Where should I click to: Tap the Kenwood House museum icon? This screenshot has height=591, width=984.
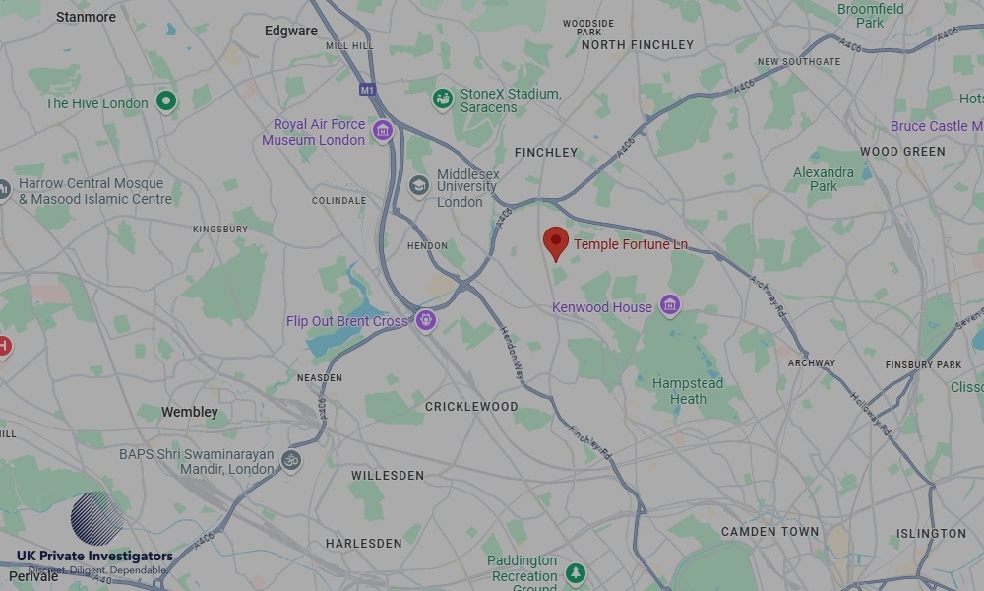click(670, 305)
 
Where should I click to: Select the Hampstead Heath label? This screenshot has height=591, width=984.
click(688, 391)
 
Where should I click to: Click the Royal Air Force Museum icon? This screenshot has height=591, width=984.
click(383, 130)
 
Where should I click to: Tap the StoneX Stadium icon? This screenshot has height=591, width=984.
click(443, 99)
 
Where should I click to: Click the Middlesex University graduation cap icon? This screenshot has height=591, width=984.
click(419, 185)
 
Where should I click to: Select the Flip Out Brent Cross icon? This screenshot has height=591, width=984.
click(425, 319)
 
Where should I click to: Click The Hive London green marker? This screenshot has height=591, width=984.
click(166, 100)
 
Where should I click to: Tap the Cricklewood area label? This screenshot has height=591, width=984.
click(471, 406)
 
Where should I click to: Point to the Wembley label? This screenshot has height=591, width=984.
click(190, 412)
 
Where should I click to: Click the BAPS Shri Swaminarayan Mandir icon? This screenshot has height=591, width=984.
click(290, 459)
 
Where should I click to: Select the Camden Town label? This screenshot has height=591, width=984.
click(769, 532)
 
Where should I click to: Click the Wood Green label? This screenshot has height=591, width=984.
click(902, 152)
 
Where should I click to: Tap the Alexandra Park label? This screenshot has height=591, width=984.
click(824, 179)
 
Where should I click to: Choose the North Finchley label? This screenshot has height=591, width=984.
click(638, 44)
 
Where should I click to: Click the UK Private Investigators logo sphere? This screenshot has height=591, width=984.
click(96, 518)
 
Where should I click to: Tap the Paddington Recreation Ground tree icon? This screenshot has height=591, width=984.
click(576, 572)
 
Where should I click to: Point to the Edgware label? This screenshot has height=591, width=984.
click(291, 31)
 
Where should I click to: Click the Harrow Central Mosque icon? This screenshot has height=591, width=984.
click(4, 188)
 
